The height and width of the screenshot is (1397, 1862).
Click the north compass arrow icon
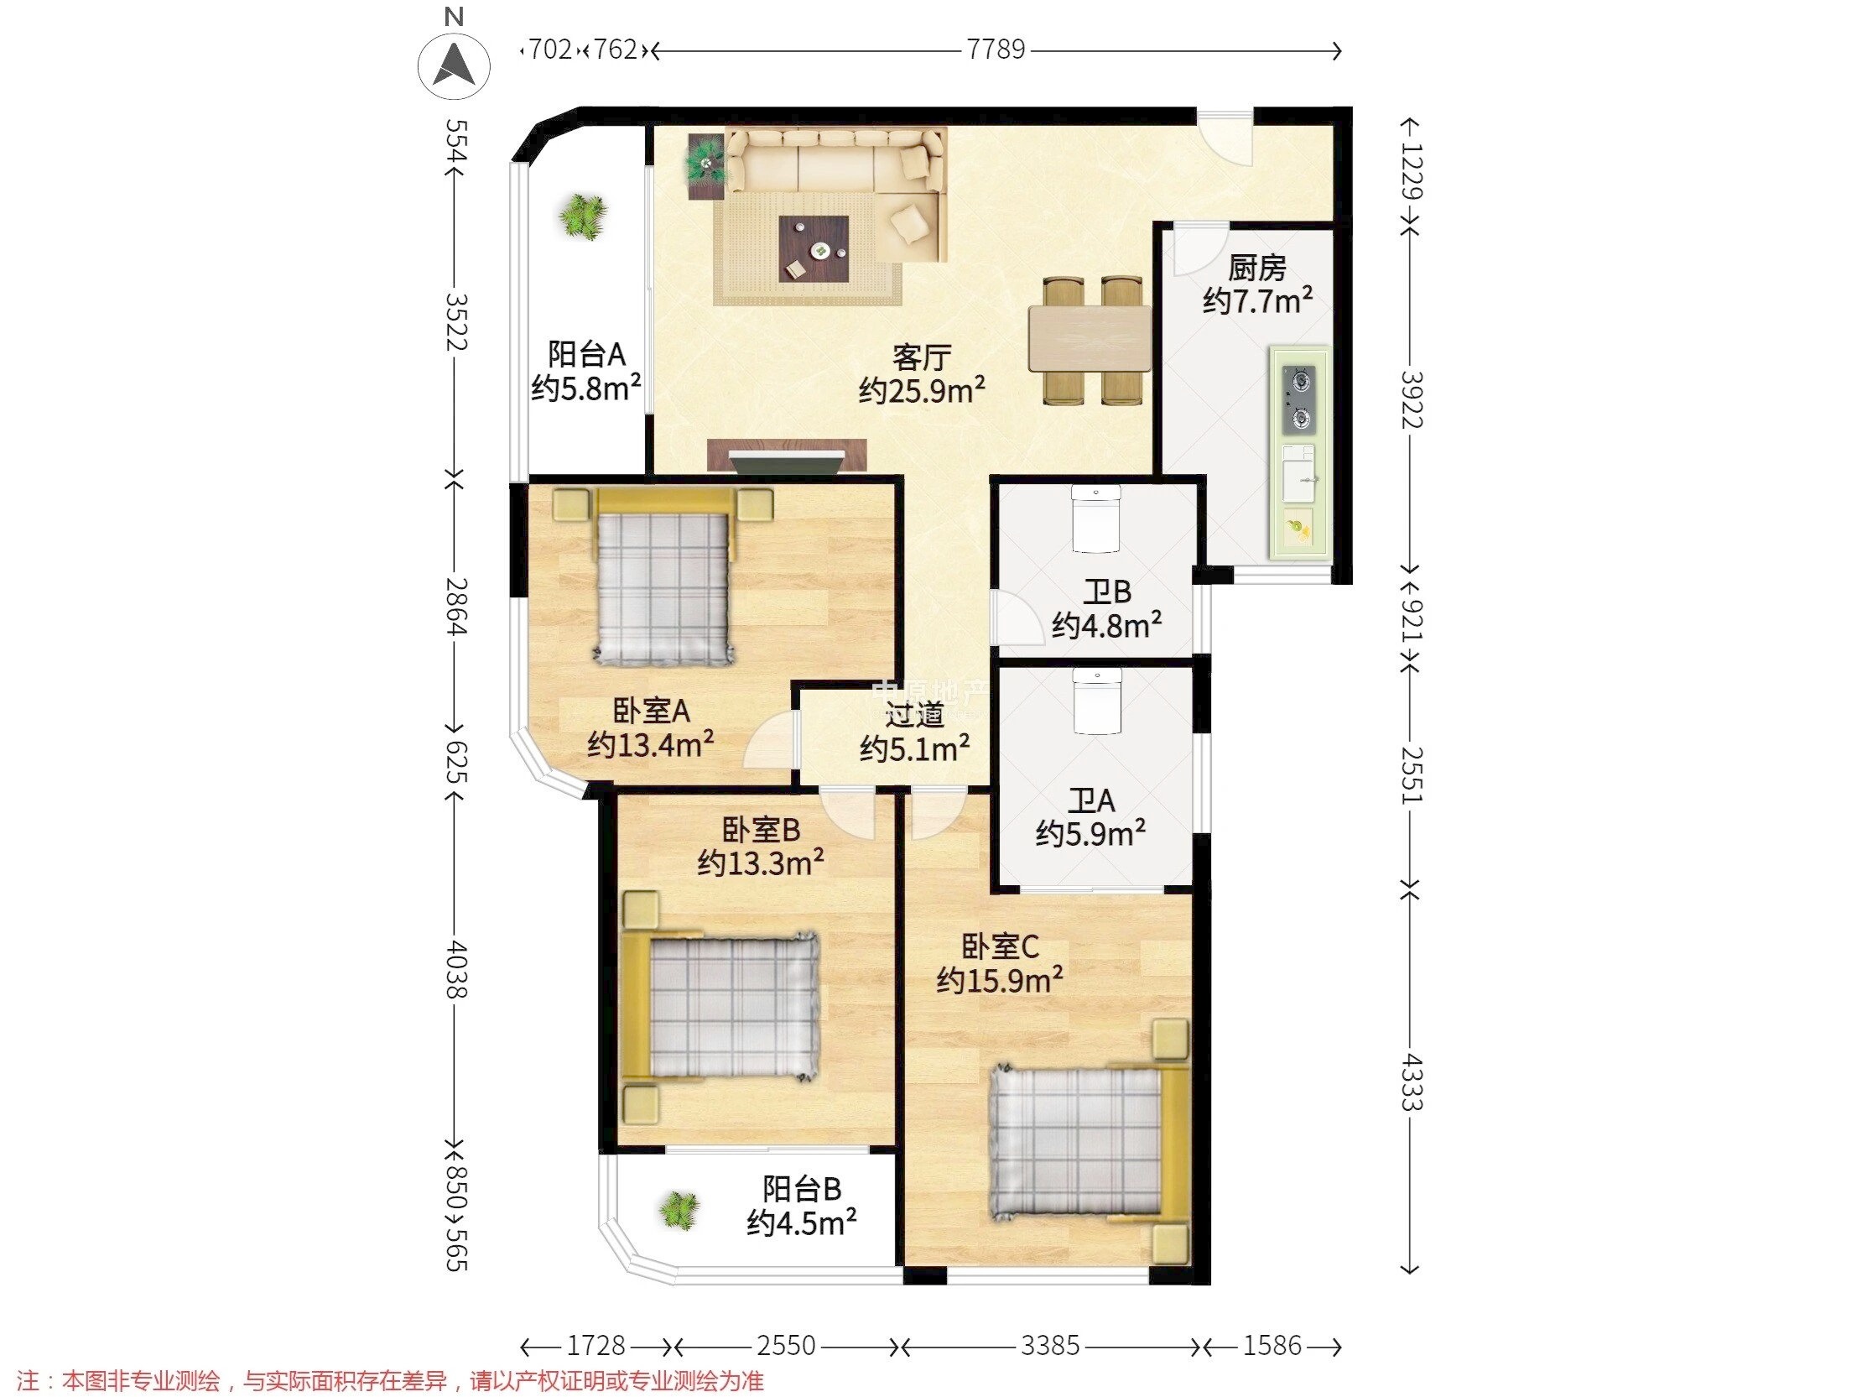click(455, 65)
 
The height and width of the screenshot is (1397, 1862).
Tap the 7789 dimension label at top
click(996, 50)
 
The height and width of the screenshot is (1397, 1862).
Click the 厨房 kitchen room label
click(1256, 268)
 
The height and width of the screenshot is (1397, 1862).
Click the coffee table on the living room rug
click(813, 250)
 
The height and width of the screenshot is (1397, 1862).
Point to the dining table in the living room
click(1090, 338)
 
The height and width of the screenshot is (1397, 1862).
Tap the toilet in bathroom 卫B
click(1095, 519)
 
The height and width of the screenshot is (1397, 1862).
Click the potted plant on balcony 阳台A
click(581, 217)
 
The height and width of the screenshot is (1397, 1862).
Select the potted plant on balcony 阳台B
click(679, 1211)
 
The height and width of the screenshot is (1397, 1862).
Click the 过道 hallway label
click(914, 716)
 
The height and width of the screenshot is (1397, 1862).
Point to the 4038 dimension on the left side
click(456, 968)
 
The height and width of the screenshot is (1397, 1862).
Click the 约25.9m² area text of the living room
click(922, 390)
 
